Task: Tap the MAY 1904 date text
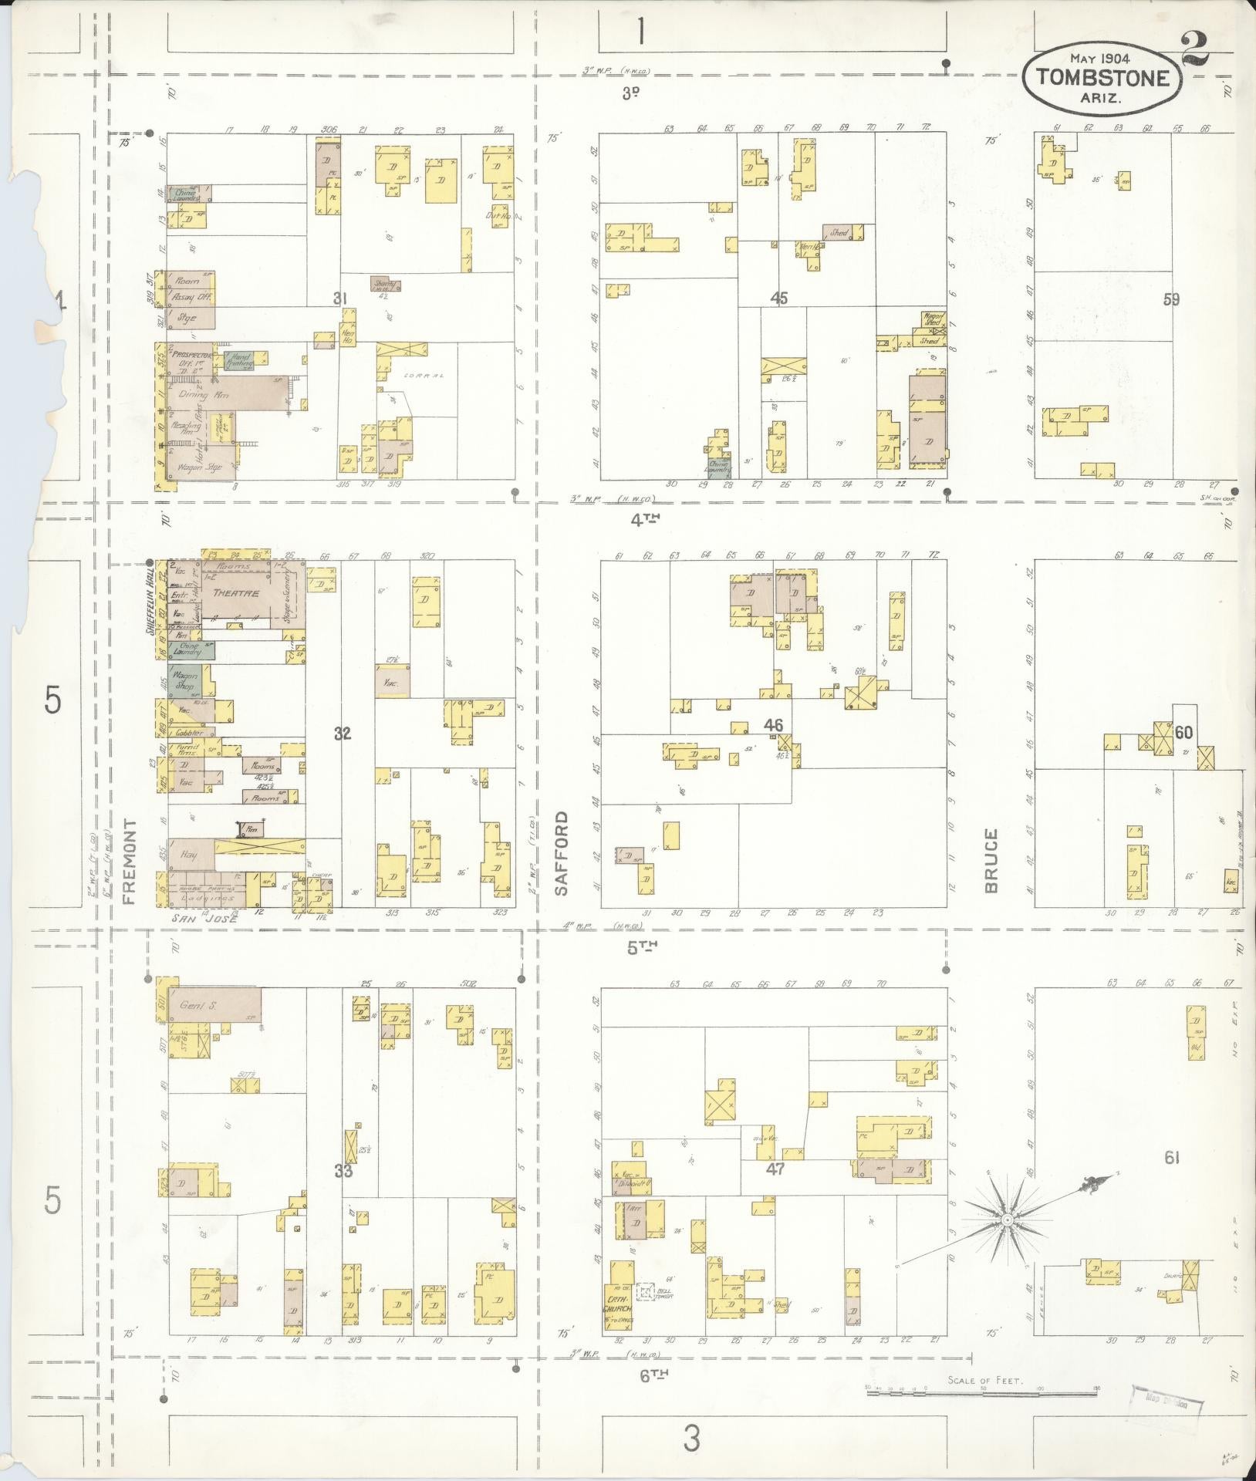click(x=1102, y=58)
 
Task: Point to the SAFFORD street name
click(x=561, y=853)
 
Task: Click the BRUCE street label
click(x=991, y=860)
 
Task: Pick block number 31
click(x=341, y=298)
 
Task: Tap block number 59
click(x=1171, y=300)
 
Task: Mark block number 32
click(x=343, y=734)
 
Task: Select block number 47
click(x=775, y=1190)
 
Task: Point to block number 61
click(x=1173, y=1178)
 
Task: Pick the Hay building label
click(x=188, y=855)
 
